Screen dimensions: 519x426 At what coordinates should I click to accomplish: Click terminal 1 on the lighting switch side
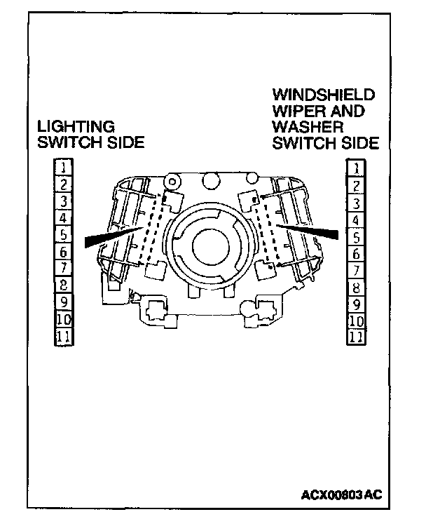pyautogui.click(x=63, y=167)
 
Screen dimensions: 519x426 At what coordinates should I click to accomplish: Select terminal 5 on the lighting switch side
pyautogui.click(x=63, y=234)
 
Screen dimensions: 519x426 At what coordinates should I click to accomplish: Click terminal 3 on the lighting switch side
pyautogui.click(x=63, y=201)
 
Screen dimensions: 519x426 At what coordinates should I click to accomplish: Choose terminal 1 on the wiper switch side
pyautogui.click(x=356, y=168)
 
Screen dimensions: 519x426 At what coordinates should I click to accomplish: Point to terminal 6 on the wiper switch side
pyautogui.click(x=356, y=253)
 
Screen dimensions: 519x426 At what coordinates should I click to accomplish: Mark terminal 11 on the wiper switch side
pyautogui.click(x=356, y=337)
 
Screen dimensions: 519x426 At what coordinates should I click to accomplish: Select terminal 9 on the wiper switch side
pyautogui.click(x=356, y=304)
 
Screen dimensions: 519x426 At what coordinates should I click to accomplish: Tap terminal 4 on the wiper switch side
pyautogui.click(x=356, y=220)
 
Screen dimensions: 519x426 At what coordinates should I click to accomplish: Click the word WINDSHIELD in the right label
pyautogui.click(x=324, y=94)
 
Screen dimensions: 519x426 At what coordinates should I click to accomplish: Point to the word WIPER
pyautogui.click(x=295, y=110)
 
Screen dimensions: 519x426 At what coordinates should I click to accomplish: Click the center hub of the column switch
pyautogui.click(x=210, y=245)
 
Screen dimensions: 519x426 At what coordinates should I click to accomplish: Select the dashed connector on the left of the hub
pyautogui.click(x=153, y=228)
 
